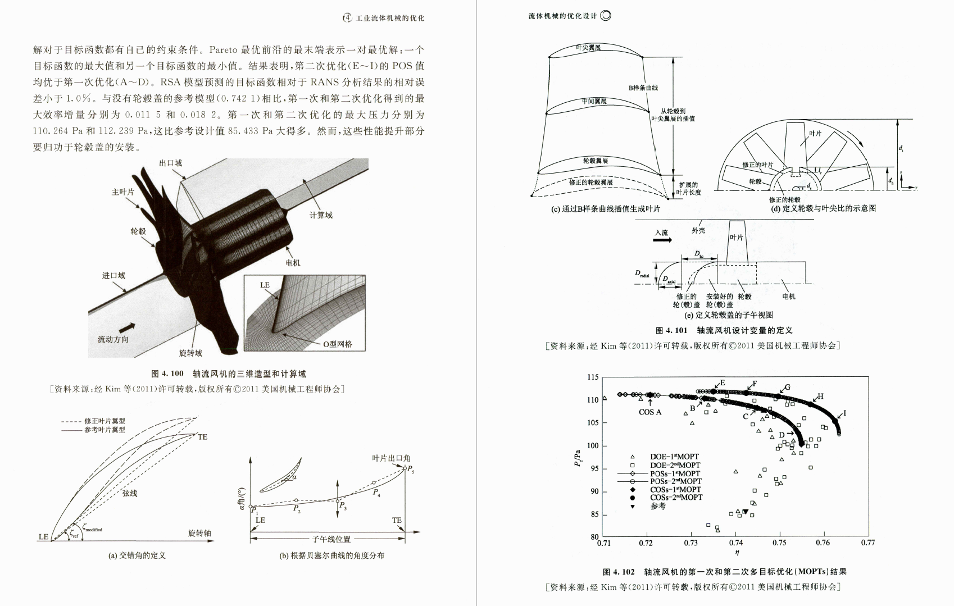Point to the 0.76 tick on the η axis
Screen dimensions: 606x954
pos(823,543)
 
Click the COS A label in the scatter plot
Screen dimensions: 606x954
pos(650,412)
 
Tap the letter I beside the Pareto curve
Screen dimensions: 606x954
pos(844,413)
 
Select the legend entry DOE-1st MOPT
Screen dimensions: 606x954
pos(674,457)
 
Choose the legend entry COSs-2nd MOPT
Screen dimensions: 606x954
pos(676,498)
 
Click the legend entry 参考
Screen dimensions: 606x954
pos(658,506)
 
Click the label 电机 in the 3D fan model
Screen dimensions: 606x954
pos(293,263)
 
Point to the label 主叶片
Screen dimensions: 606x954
pos(123,192)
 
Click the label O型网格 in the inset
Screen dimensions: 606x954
pos(338,344)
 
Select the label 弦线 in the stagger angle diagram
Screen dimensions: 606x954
pos(130,493)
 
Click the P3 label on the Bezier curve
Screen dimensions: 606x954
pos(343,505)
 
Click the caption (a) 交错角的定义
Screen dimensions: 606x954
pos(137,555)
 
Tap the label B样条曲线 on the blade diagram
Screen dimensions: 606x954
pos(643,88)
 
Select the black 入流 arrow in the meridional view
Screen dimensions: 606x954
pos(663,240)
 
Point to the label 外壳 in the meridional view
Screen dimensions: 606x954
pos(698,230)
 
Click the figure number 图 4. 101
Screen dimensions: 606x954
pos(672,330)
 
